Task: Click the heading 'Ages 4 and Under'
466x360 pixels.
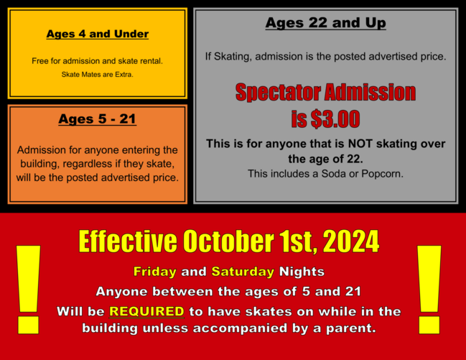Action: point(98,34)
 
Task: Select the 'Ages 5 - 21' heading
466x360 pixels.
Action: point(98,119)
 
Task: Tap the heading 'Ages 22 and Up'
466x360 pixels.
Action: point(326,23)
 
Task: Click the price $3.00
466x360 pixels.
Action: point(335,119)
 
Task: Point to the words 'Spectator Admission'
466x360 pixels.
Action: point(326,92)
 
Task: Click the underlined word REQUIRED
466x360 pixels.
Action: point(146,312)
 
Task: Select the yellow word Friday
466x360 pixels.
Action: point(155,272)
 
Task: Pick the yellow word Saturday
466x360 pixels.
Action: point(243,272)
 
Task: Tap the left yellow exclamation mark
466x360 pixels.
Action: point(28,290)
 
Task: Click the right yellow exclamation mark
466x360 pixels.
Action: point(429,290)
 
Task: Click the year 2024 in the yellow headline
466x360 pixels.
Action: point(351,241)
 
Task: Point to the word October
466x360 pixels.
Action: point(228,241)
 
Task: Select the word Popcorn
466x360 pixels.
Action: point(382,174)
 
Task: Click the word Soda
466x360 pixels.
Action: point(334,174)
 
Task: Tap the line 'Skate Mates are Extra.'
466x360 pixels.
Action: point(98,75)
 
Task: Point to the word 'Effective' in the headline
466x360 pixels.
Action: point(128,241)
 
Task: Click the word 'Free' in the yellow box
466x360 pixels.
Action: point(40,61)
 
